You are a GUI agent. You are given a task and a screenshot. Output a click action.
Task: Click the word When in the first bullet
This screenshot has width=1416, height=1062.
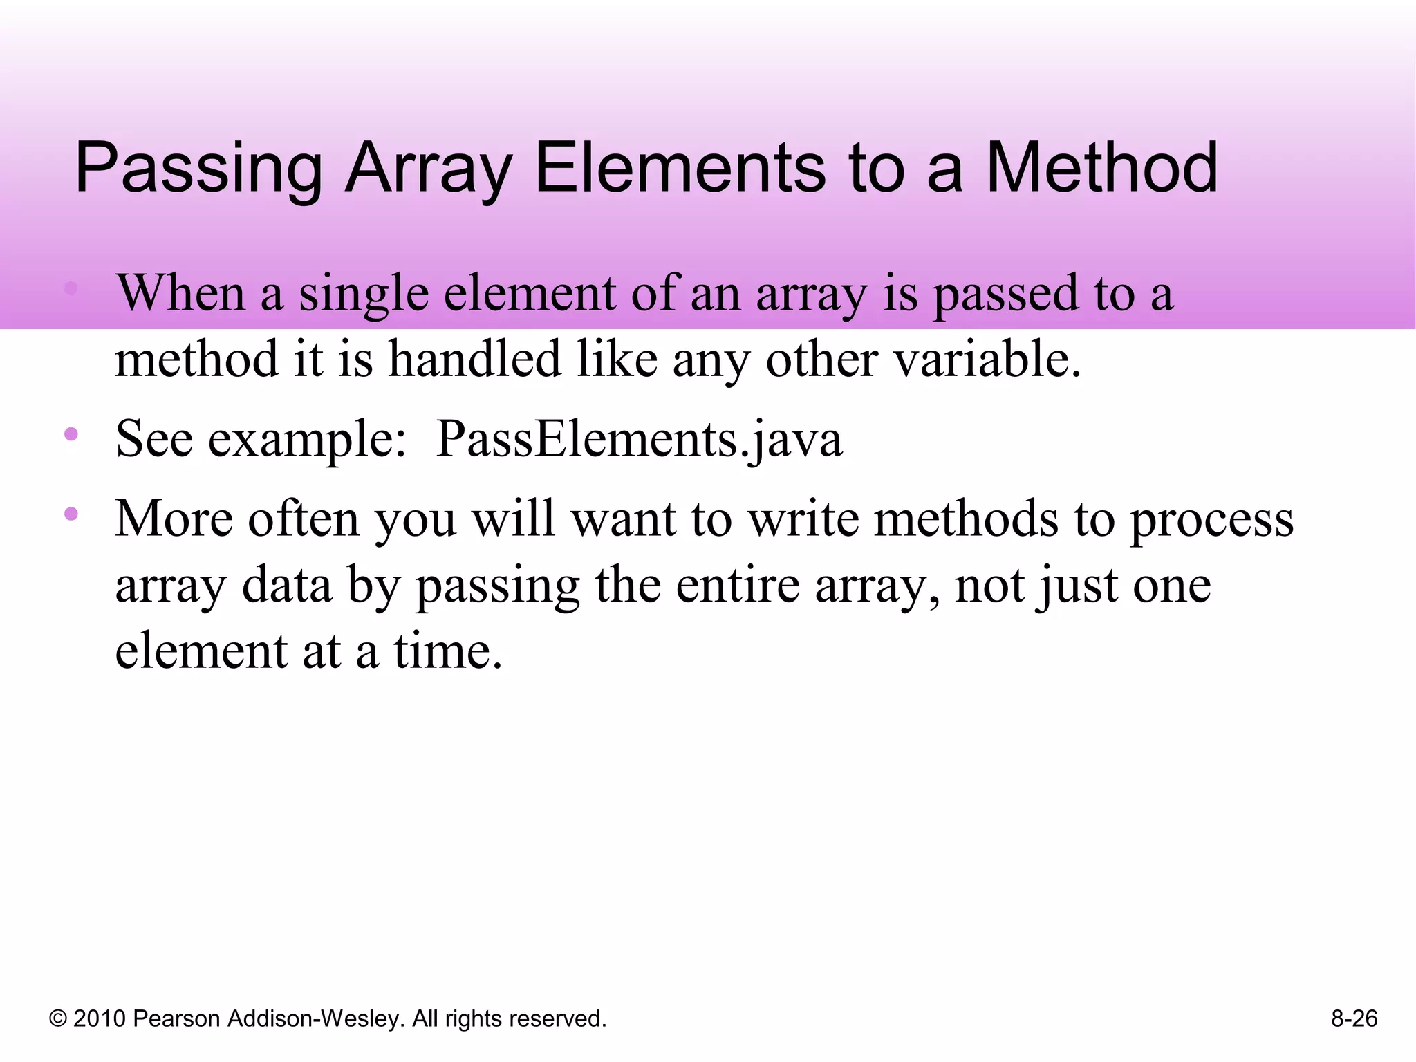click(181, 293)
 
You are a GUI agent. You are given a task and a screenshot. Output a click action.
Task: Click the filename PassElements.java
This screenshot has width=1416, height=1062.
click(639, 439)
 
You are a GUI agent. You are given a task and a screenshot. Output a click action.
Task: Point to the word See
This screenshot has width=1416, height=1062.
click(153, 439)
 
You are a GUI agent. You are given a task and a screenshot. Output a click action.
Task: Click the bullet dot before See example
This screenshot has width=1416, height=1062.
click(71, 434)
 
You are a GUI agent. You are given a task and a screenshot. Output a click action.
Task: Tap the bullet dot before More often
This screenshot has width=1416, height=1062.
click(71, 514)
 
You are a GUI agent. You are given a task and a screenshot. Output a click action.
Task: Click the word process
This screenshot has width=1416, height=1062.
click(1211, 520)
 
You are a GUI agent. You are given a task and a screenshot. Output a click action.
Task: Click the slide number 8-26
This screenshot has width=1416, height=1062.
click(1354, 1018)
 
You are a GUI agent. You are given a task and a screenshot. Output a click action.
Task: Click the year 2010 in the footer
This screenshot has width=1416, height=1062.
click(100, 1018)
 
